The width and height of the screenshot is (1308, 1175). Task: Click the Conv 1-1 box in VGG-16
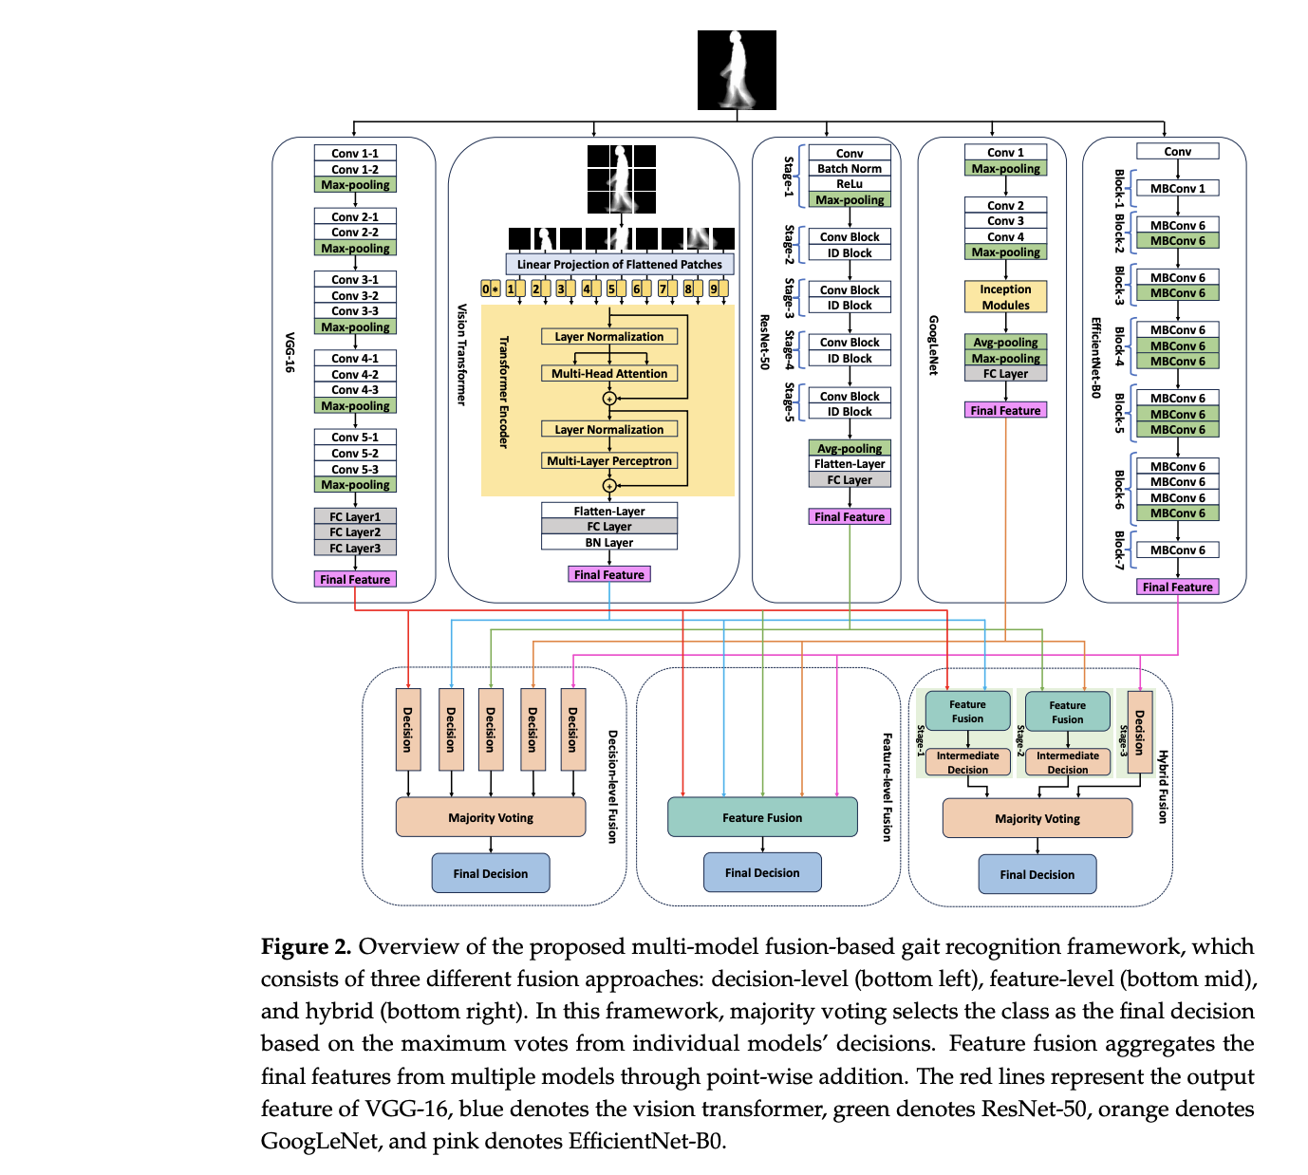tap(355, 153)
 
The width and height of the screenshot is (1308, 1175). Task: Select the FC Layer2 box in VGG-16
tap(355, 532)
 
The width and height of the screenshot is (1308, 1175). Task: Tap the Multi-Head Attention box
tap(609, 374)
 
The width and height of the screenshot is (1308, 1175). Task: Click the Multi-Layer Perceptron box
tap(609, 461)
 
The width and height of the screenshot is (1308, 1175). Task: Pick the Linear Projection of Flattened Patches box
tap(619, 265)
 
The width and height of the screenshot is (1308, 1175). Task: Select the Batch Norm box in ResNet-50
tap(850, 169)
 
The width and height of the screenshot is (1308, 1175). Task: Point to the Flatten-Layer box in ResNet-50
tap(850, 464)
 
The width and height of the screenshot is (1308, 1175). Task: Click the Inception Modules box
tap(1005, 297)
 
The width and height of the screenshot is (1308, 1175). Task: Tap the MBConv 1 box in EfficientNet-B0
tap(1177, 189)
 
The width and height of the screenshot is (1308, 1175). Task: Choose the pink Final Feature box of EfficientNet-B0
tap(1177, 587)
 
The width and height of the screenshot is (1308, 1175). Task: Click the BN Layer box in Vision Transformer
tap(609, 543)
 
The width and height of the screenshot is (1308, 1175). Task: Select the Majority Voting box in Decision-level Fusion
tap(491, 817)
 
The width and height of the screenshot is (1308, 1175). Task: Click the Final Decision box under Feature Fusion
tap(762, 872)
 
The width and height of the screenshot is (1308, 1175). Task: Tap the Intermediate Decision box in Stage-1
tap(967, 763)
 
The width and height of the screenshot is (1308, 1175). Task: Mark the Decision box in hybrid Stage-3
tap(1139, 733)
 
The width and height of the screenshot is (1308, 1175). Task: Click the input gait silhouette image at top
tap(737, 70)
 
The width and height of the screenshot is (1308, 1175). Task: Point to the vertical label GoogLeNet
tap(933, 345)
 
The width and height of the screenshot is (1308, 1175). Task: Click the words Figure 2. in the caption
tap(306, 947)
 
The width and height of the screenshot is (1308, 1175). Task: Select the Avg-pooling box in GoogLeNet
tap(1005, 343)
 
